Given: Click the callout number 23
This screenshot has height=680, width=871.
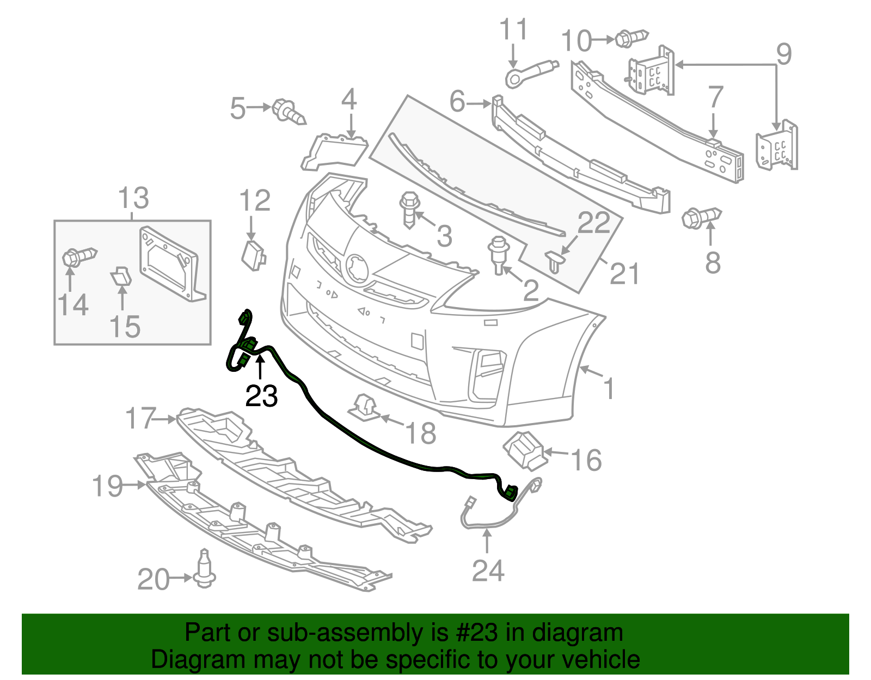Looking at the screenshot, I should tap(261, 396).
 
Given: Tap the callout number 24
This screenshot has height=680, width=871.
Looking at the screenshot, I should tap(488, 571).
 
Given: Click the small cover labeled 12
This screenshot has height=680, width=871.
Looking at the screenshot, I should tap(253, 255).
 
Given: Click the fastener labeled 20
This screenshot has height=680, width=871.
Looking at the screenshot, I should tap(205, 570).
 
